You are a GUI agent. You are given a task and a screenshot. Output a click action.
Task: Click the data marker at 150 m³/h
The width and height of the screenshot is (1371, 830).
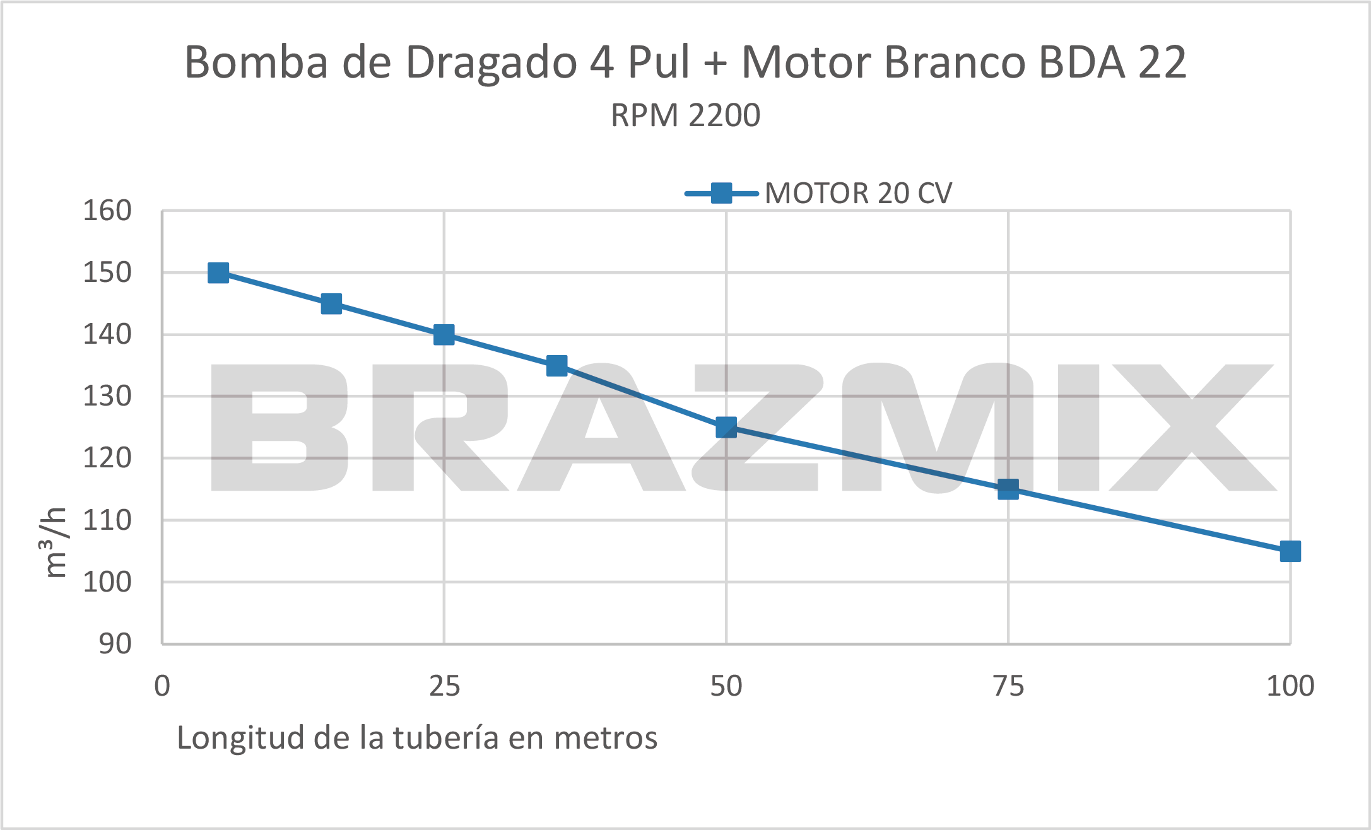218,273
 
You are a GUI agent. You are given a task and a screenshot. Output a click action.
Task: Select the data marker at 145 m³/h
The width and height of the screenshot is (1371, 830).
331,304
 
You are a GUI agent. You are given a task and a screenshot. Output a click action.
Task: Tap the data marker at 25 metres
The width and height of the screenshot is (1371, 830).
444,335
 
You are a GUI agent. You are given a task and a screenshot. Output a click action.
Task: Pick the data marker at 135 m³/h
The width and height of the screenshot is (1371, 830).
556,366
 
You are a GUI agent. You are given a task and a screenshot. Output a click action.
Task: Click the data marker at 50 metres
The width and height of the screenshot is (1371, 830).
726,428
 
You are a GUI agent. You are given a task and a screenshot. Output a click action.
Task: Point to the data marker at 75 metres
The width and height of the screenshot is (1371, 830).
1008,489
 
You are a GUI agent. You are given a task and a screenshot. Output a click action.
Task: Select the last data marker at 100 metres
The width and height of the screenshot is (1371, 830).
1290,551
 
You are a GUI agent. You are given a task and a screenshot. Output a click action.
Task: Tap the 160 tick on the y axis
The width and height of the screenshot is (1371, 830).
107,211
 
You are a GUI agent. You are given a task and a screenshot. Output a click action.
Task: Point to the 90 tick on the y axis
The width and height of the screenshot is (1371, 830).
115,644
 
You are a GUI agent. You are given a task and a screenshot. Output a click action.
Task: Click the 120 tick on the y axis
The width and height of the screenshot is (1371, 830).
107,459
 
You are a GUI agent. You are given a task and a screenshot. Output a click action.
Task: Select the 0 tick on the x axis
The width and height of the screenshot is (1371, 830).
162,686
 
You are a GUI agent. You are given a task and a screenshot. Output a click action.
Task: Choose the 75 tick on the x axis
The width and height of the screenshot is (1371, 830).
1008,686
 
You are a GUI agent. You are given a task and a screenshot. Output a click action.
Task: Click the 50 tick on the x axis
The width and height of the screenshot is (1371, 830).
726,686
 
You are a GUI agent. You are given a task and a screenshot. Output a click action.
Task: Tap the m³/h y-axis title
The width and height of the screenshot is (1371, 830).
56,542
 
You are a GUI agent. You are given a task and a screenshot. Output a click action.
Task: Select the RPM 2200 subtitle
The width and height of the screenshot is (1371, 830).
685,115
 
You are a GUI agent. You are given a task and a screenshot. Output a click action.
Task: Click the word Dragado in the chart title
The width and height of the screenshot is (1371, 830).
491,63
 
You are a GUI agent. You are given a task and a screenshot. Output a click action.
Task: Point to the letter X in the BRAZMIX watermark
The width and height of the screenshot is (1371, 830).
1192,428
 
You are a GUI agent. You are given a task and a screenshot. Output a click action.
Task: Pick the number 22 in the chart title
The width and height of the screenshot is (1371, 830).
1162,63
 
